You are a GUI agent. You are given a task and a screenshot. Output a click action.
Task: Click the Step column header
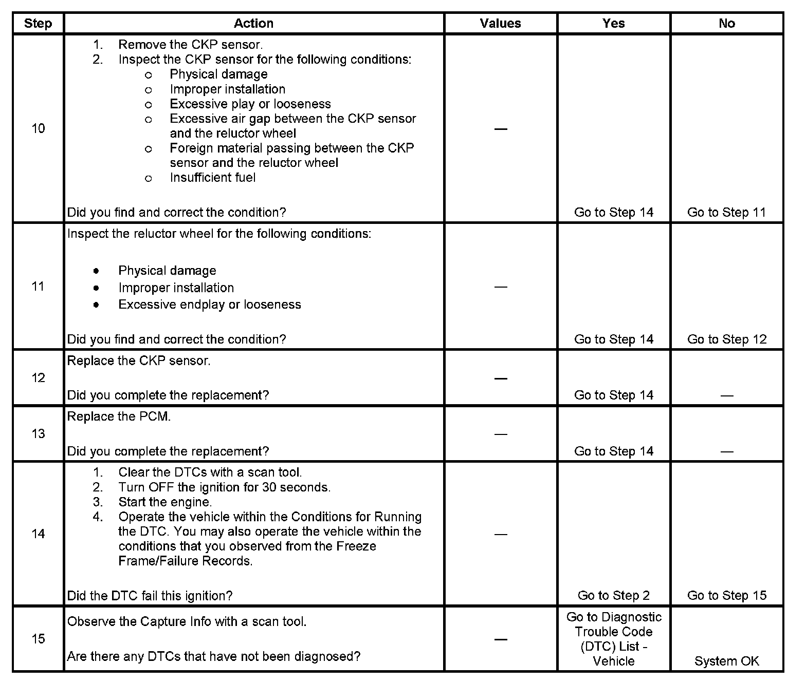click(x=38, y=24)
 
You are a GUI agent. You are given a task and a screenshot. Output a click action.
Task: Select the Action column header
click(x=253, y=24)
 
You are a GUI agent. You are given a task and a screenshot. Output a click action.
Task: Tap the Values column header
click(x=500, y=24)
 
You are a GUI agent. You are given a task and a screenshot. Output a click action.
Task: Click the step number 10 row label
click(x=38, y=128)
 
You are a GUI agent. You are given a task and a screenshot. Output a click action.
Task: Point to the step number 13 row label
click(x=38, y=434)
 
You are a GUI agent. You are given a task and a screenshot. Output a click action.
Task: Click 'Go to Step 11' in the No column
click(x=726, y=213)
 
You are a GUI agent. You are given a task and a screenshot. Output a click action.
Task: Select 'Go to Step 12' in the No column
click(x=726, y=339)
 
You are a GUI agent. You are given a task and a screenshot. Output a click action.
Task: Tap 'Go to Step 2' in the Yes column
click(x=613, y=596)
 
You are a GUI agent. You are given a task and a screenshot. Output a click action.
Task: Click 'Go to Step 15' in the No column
click(x=726, y=596)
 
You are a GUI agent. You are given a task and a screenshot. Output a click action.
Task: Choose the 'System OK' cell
click(x=726, y=661)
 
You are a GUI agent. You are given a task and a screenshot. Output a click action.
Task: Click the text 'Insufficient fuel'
click(x=212, y=178)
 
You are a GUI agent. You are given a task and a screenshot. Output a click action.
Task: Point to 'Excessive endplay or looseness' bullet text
click(x=209, y=305)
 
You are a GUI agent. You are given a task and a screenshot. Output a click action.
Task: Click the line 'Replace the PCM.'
click(x=119, y=416)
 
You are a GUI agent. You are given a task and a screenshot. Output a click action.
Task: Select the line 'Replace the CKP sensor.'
click(x=139, y=361)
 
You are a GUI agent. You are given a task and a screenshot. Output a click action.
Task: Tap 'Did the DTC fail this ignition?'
click(x=150, y=596)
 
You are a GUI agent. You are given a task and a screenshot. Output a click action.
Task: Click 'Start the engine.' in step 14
click(x=164, y=502)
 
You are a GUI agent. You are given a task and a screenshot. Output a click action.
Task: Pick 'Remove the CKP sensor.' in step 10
click(x=190, y=45)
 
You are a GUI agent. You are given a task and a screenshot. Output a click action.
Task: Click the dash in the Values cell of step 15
click(x=500, y=639)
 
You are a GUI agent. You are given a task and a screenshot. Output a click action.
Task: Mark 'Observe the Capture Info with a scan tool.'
click(x=187, y=622)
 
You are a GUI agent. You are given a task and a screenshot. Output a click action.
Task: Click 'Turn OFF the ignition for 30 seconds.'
click(x=224, y=487)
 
